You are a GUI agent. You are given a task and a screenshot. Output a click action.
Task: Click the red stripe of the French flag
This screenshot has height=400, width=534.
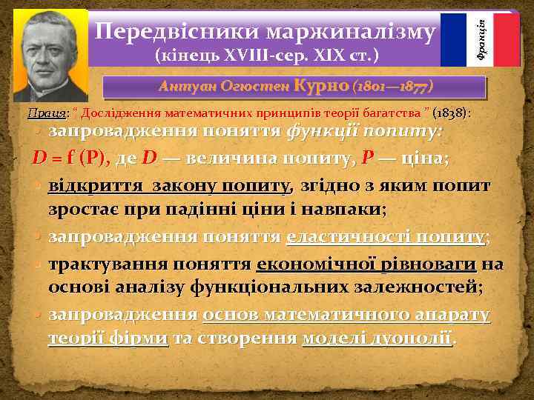point(507,40)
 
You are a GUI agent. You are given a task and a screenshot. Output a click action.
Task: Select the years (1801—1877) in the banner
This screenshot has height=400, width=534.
point(390,87)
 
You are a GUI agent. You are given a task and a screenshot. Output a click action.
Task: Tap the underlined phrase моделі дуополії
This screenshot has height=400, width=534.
point(378,339)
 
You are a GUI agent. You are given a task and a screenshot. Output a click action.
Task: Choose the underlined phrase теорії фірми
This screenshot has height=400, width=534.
point(108,339)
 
